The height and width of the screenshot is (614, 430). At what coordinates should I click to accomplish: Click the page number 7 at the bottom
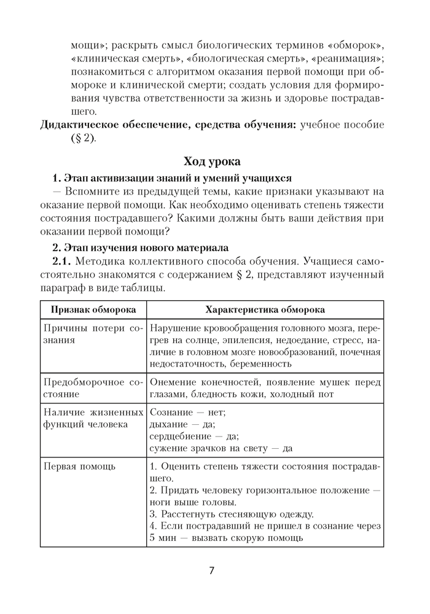(x=211, y=570)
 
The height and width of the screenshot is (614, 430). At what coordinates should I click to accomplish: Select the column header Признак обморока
(x=93, y=310)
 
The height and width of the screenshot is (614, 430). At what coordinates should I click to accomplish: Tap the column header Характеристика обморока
(x=265, y=310)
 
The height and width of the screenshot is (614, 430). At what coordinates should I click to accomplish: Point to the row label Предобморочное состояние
(x=92, y=388)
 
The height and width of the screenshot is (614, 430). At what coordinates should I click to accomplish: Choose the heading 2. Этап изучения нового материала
(x=140, y=247)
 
